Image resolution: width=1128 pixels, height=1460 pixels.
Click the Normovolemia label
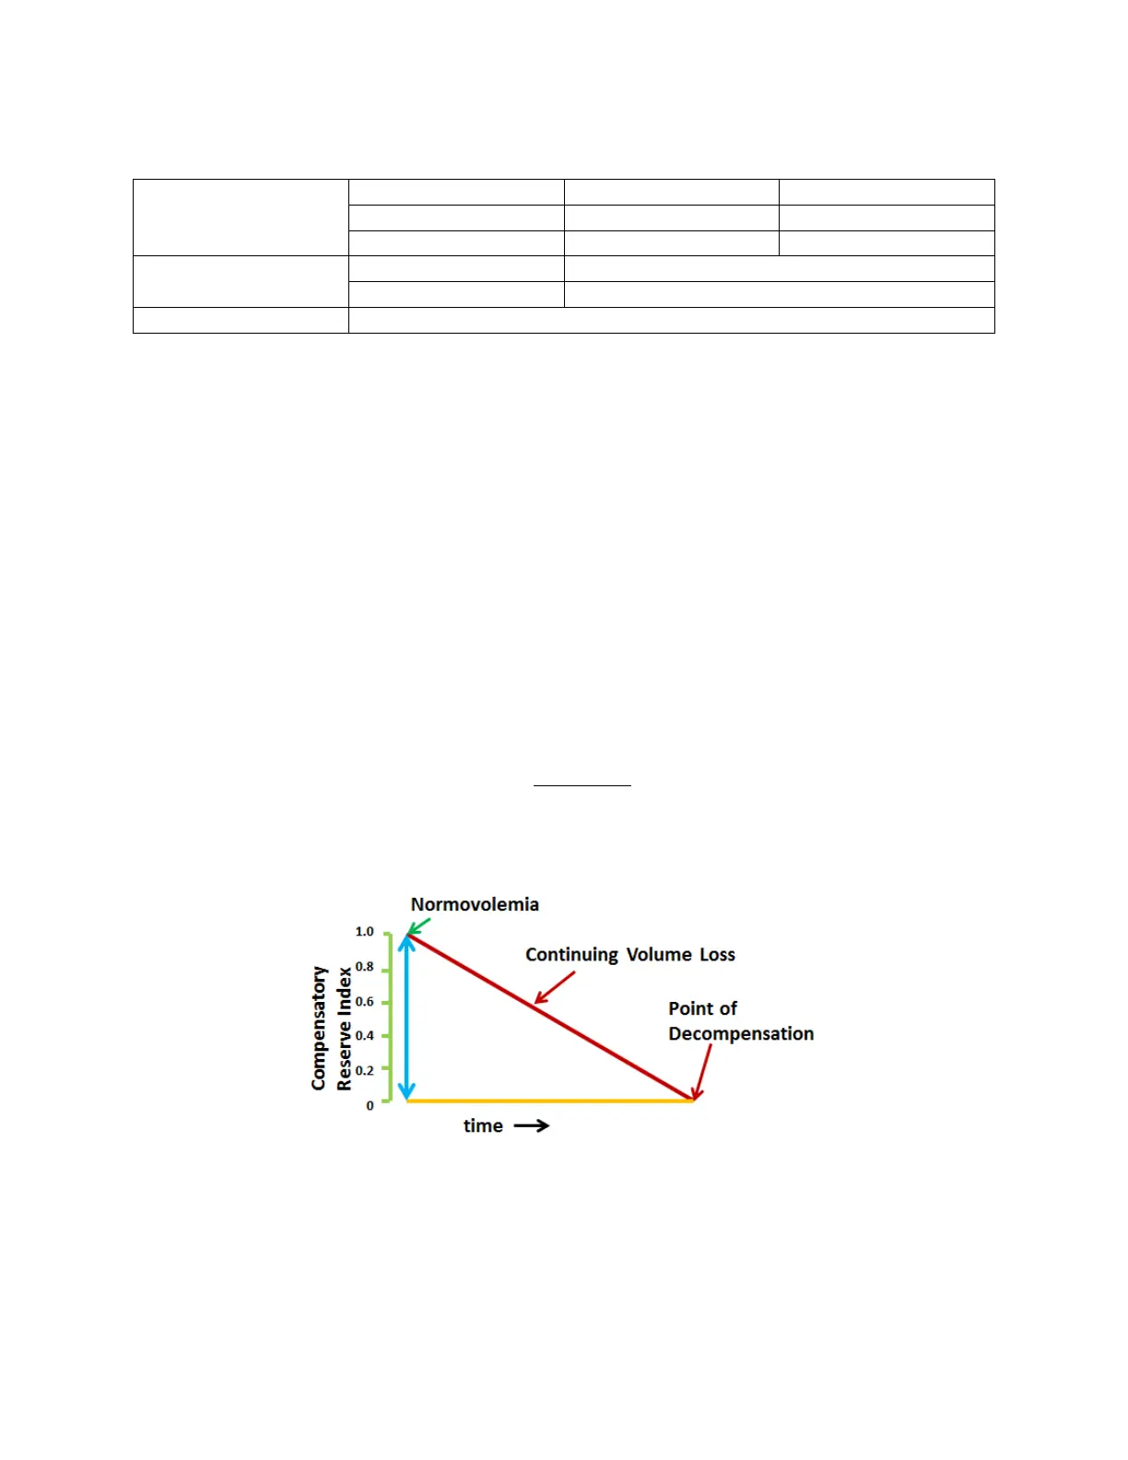[475, 904]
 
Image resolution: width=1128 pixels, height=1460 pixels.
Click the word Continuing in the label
[571, 955]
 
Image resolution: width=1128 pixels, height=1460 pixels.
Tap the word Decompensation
[741, 1034]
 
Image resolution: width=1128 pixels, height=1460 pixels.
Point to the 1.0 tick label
[365, 932]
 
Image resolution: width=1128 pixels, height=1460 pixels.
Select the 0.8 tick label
[365, 967]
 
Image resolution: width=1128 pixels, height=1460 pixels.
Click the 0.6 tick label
[365, 1002]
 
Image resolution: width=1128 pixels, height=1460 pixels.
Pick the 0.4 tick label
[365, 1036]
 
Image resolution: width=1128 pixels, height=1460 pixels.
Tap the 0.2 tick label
[365, 1071]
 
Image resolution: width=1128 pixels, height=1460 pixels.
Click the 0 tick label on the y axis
[370, 1105]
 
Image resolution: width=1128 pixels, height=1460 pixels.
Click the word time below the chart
[483, 1126]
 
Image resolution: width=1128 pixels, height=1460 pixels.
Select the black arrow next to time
[532, 1125]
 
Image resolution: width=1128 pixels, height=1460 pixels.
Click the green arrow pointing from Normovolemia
[419, 925]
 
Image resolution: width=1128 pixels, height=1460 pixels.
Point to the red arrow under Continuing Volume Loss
[555, 987]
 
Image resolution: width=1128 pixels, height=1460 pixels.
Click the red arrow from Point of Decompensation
[704, 1071]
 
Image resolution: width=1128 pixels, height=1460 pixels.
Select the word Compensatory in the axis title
[319, 1028]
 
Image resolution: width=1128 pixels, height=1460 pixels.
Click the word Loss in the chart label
[717, 955]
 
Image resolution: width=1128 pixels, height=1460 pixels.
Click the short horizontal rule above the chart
[582, 785]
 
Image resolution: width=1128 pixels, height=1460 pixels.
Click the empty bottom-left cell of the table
[241, 320]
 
